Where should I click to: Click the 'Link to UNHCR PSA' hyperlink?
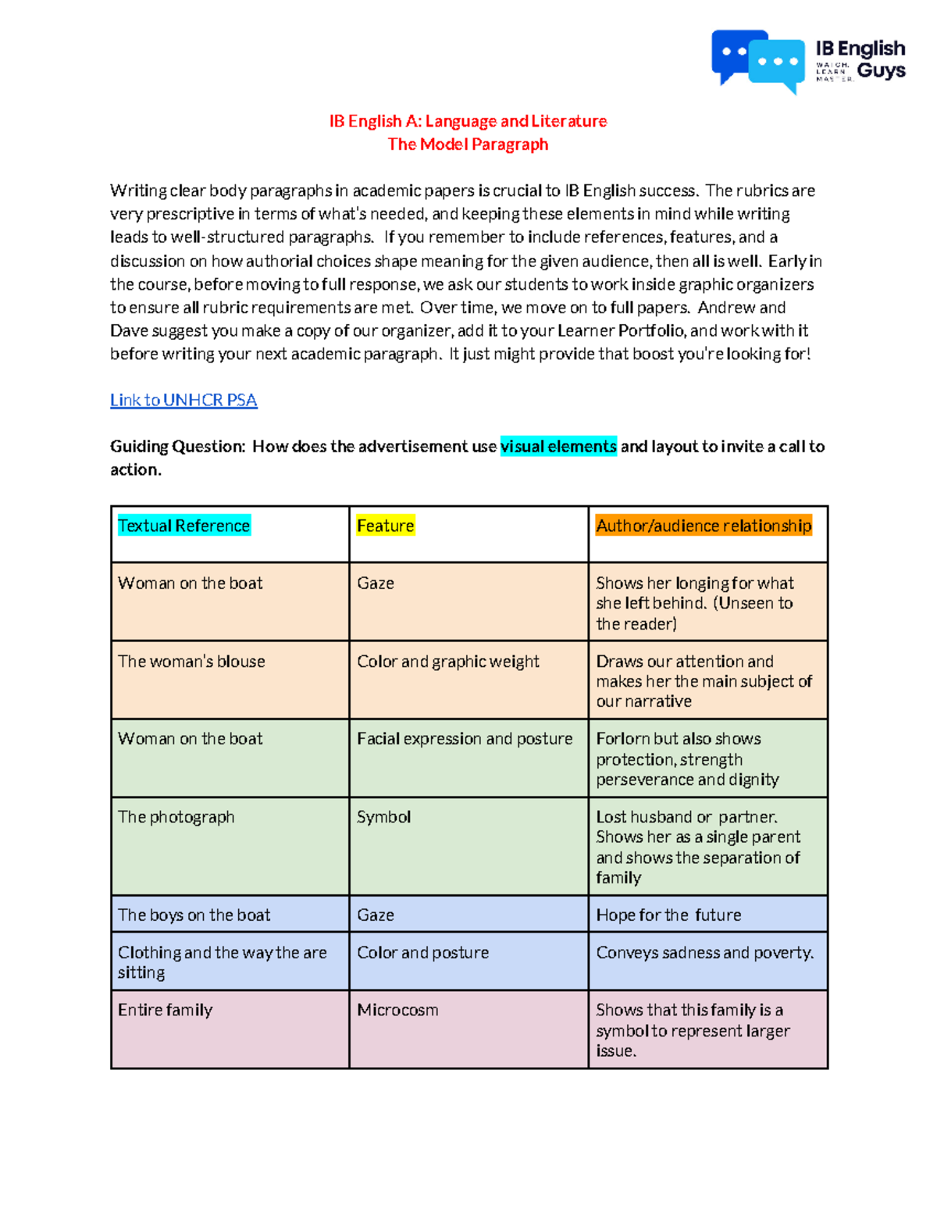(183, 400)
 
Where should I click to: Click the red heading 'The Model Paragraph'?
(468, 144)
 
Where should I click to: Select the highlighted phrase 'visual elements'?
(558, 446)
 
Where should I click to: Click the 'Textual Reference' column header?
(184, 526)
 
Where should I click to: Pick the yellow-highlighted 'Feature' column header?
(385, 526)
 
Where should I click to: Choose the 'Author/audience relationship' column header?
(704, 526)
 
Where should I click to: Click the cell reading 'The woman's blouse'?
(191, 662)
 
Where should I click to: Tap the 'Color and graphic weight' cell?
(448, 662)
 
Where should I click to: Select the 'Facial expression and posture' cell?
(465, 739)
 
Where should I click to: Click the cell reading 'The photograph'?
(176, 817)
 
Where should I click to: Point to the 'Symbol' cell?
(383, 817)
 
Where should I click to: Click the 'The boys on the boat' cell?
(194, 915)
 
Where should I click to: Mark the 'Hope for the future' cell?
(668, 915)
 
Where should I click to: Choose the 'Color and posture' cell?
(422, 953)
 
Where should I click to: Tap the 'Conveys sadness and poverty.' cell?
(704, 953)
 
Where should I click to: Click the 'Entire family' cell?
(165, 1010)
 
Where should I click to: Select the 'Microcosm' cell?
(397, 1010)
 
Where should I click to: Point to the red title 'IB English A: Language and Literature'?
(468, 121)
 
